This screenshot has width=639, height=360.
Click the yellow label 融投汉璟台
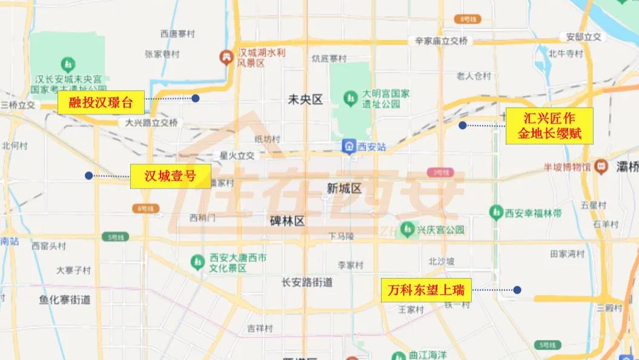(x=101, y=102)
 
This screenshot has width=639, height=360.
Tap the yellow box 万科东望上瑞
(x=426, y=290)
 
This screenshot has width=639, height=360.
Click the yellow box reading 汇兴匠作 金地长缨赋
(x=549, y=125)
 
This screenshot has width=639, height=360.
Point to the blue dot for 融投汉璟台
(x=195, y=98)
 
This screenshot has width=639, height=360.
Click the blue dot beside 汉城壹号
(x=88, y=176)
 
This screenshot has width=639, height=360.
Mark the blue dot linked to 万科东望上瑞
(x=517, y=290)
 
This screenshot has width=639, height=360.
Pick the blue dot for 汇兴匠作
(x=462, y=125)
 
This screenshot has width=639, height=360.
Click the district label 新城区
(x=343, y=188)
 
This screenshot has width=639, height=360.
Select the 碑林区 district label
(x=287, y=221)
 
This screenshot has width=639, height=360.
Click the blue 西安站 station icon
(x=348, y=146)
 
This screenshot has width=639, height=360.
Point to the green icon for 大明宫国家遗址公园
(x=349, y=97)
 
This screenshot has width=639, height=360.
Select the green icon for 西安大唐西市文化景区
(x=197, y=262)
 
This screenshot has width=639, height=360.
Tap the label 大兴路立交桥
(x=151, y=122)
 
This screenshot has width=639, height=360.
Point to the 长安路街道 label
(x=307, y=282)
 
